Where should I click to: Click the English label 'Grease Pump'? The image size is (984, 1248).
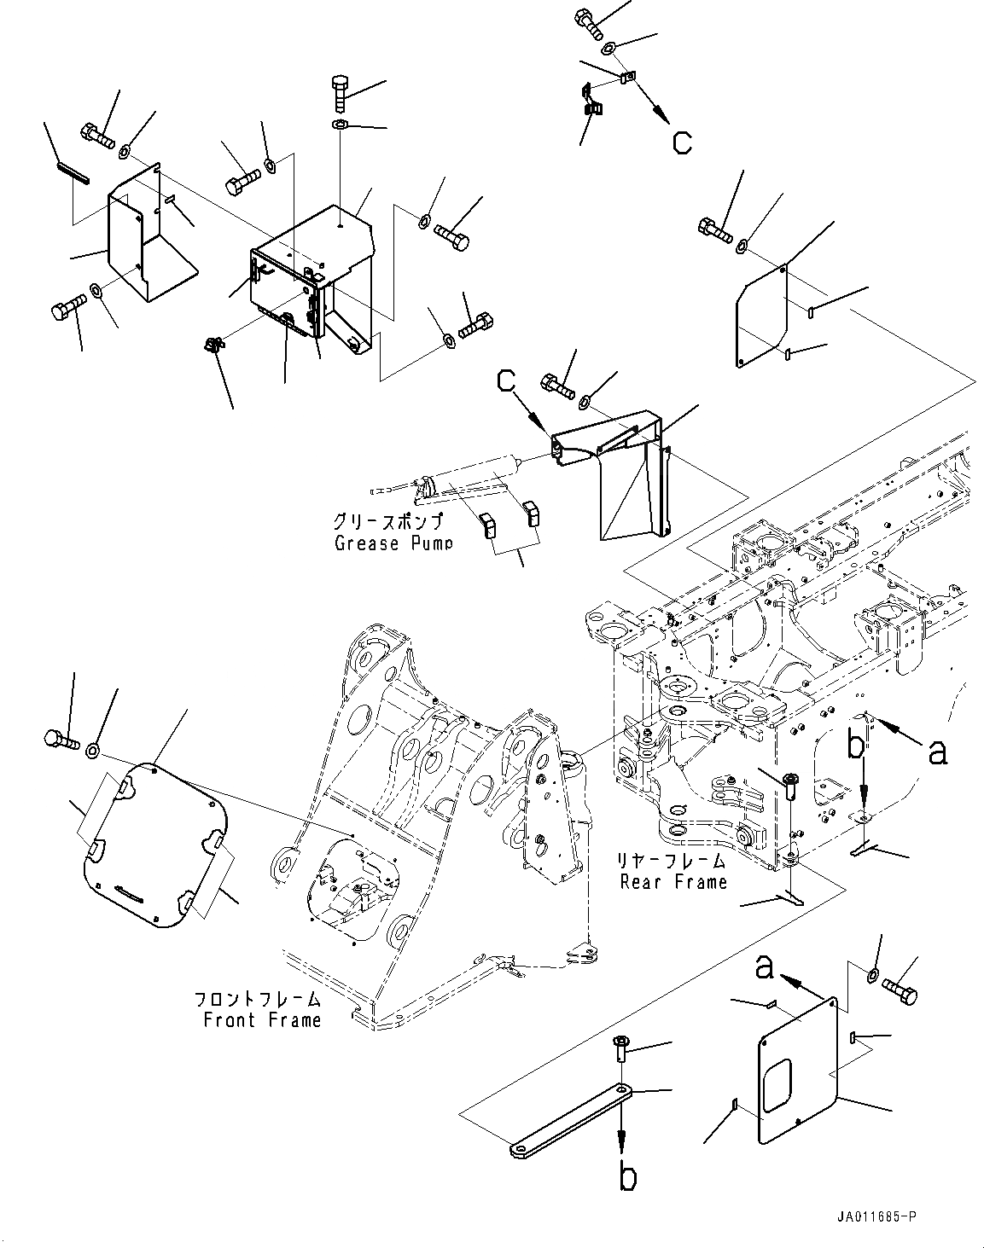[x=393, y=543]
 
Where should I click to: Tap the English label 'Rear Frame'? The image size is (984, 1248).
[x=674, y=882]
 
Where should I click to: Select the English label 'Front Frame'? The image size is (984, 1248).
[x=262, y=1019]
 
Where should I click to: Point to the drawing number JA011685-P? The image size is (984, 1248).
[x=875, y=1218]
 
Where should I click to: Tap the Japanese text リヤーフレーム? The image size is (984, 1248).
[x=673, y=861]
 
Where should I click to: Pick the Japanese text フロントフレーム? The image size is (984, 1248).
[x=258, y=999]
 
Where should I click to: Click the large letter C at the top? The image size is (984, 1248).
[x=682, y=142]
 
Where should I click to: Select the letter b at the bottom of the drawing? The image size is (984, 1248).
[x=628, y=1177]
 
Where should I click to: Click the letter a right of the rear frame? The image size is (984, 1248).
[x=937, y=752]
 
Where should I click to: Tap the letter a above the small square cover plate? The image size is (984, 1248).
[x=765, y=969]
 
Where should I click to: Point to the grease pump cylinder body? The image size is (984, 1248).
[x=478, y=474]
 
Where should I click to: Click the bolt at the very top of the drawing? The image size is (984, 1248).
[x=589, y=21]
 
